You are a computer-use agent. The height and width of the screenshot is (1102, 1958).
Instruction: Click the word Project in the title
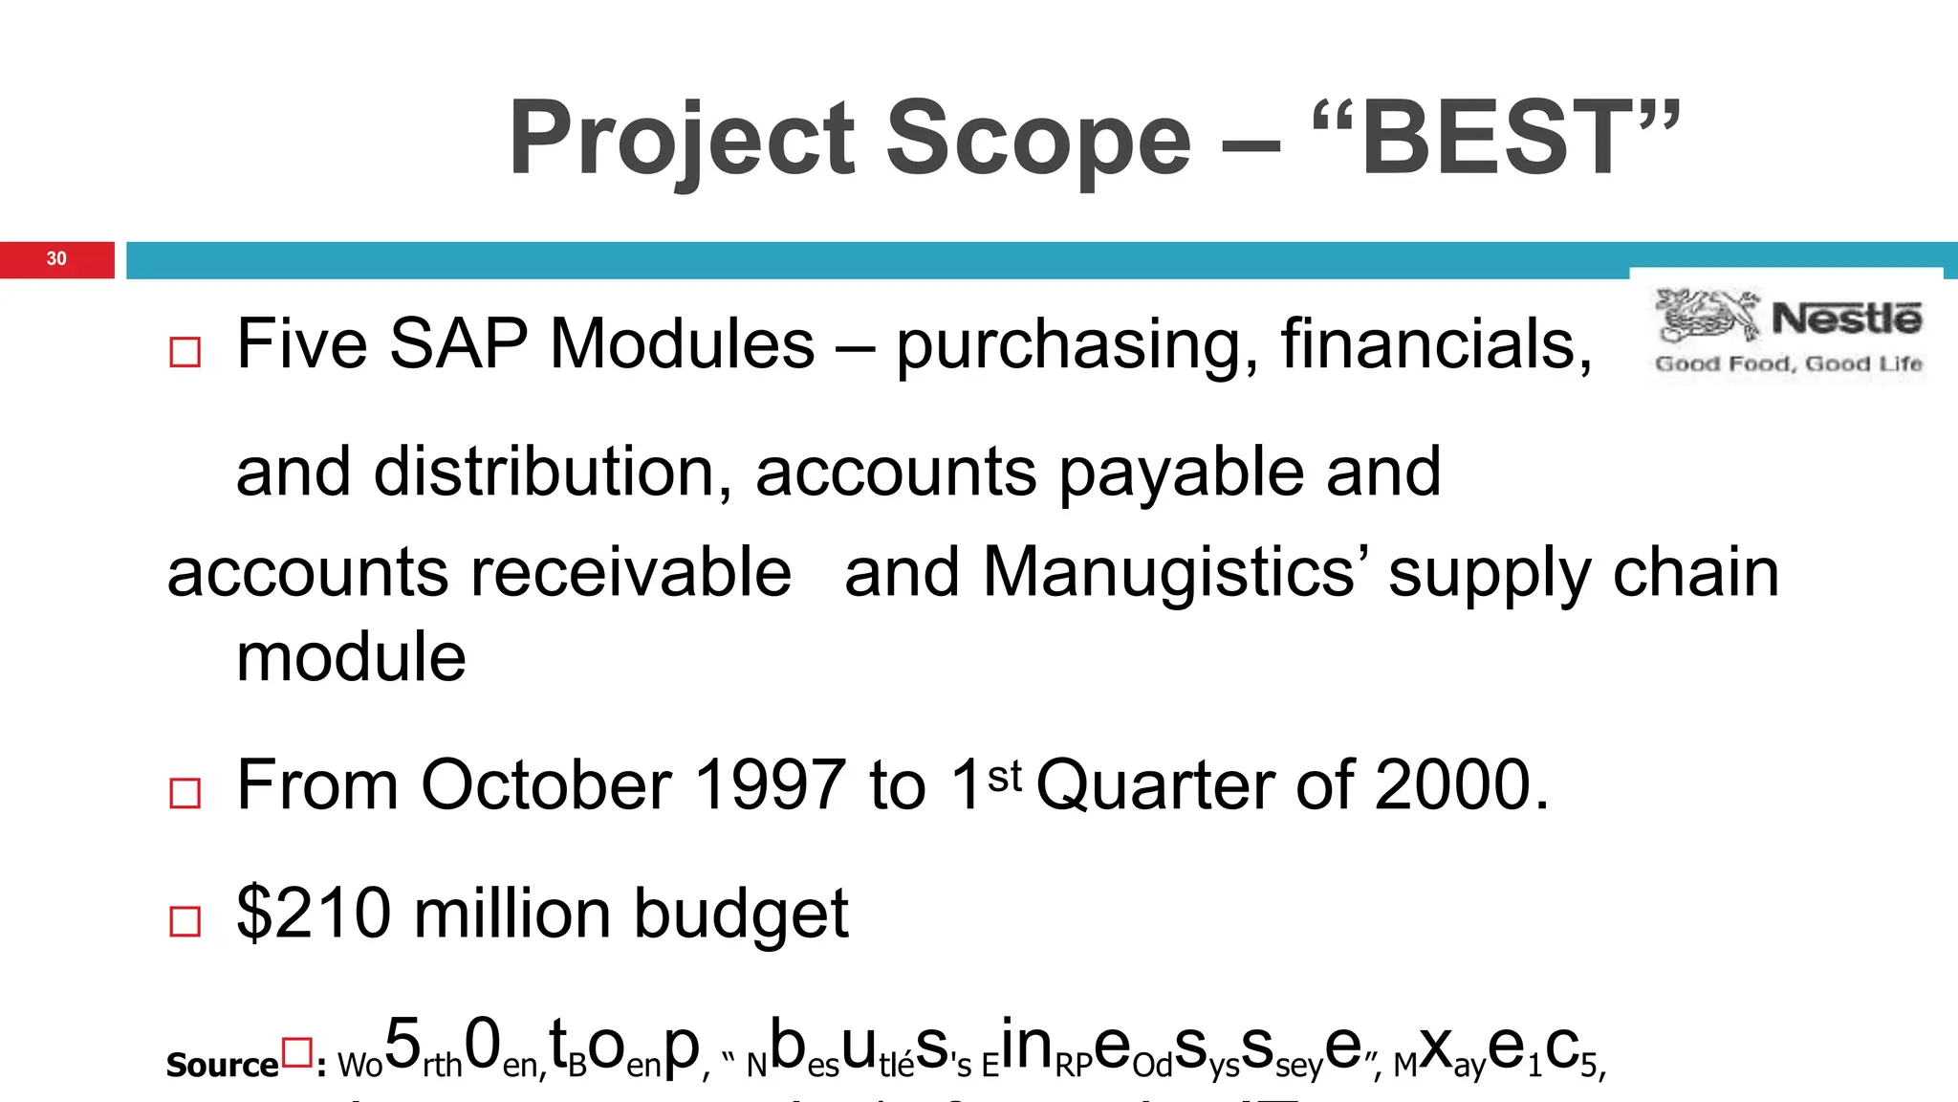tap(682, 139)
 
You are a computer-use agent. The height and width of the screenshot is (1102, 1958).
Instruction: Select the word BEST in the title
tap(1495, 139)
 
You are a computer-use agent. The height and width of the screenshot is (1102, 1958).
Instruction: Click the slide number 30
tap(56, 259)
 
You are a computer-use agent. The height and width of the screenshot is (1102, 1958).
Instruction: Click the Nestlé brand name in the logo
tap(1845, 319)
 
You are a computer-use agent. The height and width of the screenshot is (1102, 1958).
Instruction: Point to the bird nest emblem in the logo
tap(1707, 315)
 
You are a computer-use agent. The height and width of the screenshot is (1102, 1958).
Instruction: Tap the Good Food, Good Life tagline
tap(1788, 364)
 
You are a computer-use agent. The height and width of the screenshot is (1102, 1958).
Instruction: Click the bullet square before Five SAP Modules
tap(185, 352)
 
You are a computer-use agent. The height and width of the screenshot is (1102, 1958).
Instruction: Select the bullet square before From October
tap(185, 793)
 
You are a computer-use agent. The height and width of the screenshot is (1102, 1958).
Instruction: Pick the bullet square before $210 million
tap(185, 921)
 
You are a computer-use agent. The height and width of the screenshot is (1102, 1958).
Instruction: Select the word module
tap(351, 658)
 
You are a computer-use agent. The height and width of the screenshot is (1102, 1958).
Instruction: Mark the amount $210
tap(314, 914)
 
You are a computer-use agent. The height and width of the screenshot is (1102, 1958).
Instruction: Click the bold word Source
tap(222, 1065)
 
